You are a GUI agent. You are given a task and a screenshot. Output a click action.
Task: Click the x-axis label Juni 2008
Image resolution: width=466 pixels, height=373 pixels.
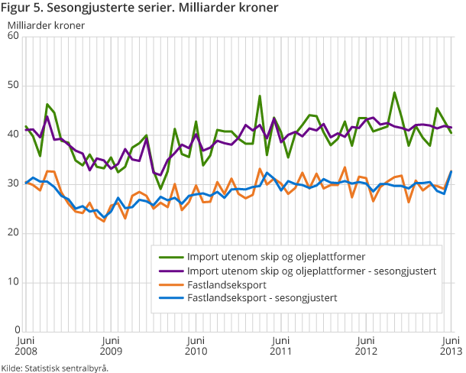(x=25, y=345)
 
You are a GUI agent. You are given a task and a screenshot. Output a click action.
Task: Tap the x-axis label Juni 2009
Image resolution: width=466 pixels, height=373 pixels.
(x=111, y=345)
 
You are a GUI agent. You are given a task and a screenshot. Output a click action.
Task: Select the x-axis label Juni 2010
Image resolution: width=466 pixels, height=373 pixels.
(x=196, y=345)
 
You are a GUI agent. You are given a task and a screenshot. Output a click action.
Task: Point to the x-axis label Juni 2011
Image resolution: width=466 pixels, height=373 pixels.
(x=282, y=345)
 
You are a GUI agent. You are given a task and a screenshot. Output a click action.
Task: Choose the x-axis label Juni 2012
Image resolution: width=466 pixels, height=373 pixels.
(x=367, y=345)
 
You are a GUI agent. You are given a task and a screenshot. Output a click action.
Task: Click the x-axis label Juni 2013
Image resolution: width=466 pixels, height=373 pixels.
(x=451, y=345)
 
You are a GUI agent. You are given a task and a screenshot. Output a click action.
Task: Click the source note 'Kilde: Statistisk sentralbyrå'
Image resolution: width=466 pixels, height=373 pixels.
(x=55, y=367)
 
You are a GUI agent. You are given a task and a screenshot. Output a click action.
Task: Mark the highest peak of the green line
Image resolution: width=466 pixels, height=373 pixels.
(x=394, y=92)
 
